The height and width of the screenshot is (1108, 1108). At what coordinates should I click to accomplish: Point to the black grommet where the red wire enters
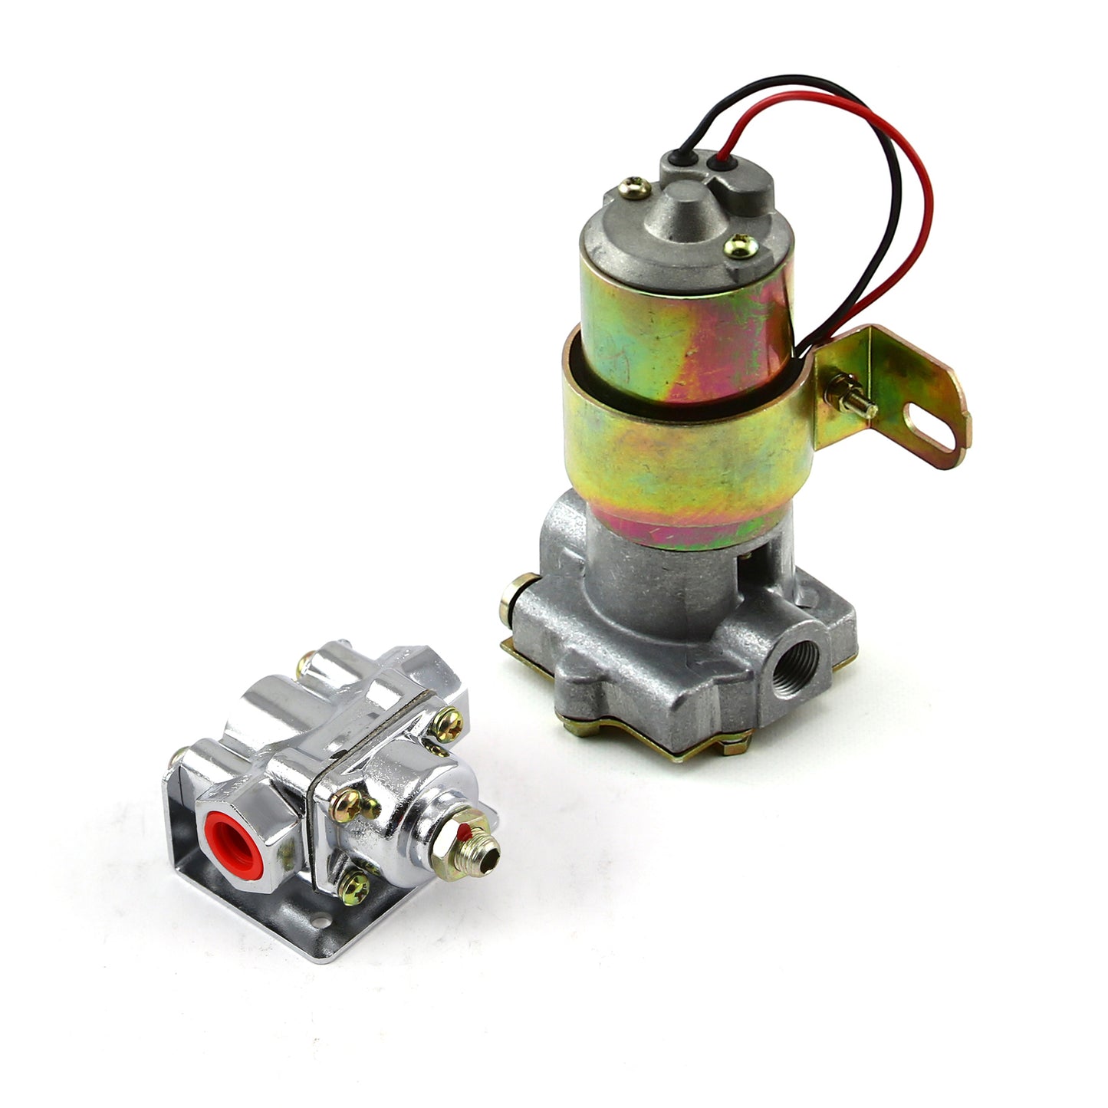point(719,163)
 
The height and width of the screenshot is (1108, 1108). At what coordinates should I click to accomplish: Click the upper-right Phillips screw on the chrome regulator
point(450,718)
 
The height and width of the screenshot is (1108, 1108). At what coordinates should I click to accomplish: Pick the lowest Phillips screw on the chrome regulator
point(358,885)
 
